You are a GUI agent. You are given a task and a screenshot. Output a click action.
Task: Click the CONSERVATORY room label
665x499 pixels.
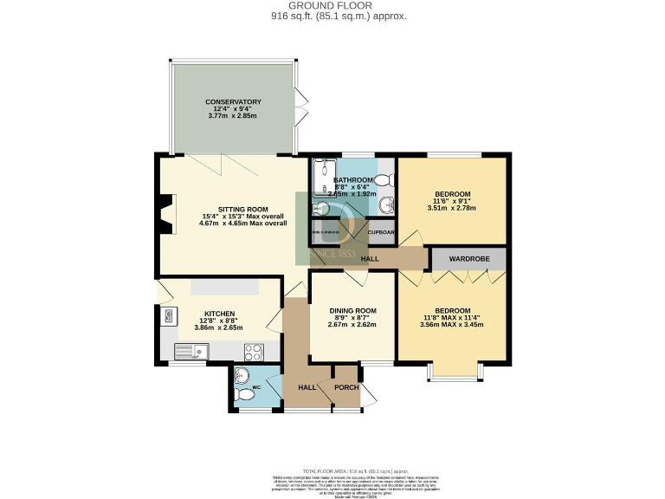(233, 102)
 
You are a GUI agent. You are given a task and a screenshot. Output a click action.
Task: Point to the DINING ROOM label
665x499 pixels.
(352, 311)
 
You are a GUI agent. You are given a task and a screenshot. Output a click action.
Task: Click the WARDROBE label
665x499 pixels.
(470, 258)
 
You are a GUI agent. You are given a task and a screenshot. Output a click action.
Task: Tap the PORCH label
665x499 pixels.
(346, 387)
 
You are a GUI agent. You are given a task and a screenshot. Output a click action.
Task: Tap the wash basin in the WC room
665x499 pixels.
(242, 375)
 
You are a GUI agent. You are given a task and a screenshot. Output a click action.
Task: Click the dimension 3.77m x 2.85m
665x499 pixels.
(233, 116)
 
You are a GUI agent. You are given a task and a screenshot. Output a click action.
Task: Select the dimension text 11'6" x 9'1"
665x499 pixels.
(452, 201)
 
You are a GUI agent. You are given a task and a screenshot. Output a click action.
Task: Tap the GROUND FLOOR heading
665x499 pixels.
(332, 6)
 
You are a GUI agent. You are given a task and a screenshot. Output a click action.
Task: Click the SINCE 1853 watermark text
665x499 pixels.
(332, 253)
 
